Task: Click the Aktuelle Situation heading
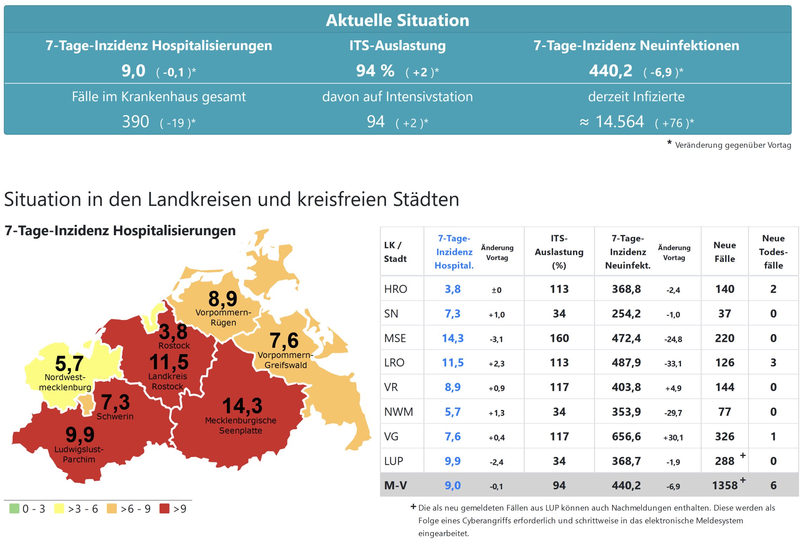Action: (x=397, y=20)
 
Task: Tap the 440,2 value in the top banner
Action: (x=610, y=71)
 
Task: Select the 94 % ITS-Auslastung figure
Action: (x=375, y=71)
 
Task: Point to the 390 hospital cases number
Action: (x=135, y=122)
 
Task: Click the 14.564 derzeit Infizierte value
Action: (x=619, y=122)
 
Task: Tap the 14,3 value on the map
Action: (x=242, y=406)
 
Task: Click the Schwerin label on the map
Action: (x=115, y=416)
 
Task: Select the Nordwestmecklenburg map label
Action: (x=65, y=382)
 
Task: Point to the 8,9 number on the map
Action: (x=223, y=299)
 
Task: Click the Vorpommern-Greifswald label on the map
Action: (x=285, y=360)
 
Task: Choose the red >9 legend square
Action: (x=164, y=508)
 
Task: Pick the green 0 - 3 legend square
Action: (x=14, y=508)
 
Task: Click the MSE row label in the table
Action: (x=395, y=338)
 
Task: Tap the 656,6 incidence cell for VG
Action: (x=626, y=436)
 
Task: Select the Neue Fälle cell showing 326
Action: (x=725, y=436)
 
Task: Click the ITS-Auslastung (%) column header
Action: (x=559, y=252)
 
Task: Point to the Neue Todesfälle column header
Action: (x=773, y=252)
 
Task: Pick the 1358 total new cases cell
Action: (x=725, y=485)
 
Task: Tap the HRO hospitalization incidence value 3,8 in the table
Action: (x=453, y=289)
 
